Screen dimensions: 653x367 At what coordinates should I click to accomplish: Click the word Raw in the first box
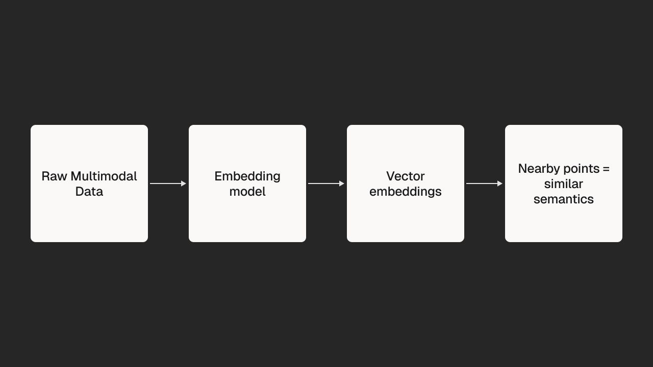(x=54, y=176)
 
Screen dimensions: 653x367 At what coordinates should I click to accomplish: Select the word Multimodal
(x=104, y=176)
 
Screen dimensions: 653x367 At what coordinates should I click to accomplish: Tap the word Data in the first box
(x=89, y=192)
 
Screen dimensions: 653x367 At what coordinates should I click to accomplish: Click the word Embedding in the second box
(x=247, y=177)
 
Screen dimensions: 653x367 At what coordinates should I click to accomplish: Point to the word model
(x=247, y=192)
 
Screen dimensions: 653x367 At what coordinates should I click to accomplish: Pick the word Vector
(x=405, y=176)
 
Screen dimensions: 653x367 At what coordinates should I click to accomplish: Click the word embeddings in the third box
(x=405, y=192)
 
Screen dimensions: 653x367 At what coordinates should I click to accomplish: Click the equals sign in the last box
(x=606, y=169)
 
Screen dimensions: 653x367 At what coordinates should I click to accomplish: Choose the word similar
(x=564, y=184)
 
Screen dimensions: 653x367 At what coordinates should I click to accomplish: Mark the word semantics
(x=564, y=199)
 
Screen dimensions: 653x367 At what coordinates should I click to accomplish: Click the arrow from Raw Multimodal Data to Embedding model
(x=168, y=183)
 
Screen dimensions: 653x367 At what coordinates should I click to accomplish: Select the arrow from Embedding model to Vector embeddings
(x=326, y=183)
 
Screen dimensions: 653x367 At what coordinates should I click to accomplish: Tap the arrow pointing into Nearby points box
(x=484, y=183)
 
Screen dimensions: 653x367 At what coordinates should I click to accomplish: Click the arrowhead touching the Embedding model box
(x=184, y=183)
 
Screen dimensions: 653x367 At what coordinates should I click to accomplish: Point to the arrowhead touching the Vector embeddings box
(x=342, y=183)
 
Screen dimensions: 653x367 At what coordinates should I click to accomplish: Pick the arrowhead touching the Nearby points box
(x=500, y=183)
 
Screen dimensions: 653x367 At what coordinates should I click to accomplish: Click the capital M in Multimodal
(x=76, y=176)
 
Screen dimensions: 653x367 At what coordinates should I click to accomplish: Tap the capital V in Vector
(x=391, y=176)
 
